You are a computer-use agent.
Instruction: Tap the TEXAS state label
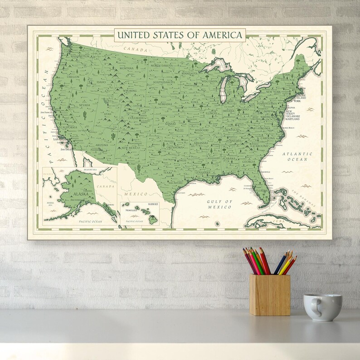tap(168, 172)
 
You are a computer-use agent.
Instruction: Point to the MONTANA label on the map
tap(126, 68)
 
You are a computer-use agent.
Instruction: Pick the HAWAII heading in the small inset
tap(155, 205)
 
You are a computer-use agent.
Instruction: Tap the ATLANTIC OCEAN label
tap(297, 156)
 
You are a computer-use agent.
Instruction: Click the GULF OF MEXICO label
tap(219, 204)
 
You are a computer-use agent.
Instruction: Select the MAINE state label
tap(300, 68)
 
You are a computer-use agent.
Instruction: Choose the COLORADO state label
tap(136, 118)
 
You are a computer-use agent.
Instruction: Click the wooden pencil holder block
tap(269, 294)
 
